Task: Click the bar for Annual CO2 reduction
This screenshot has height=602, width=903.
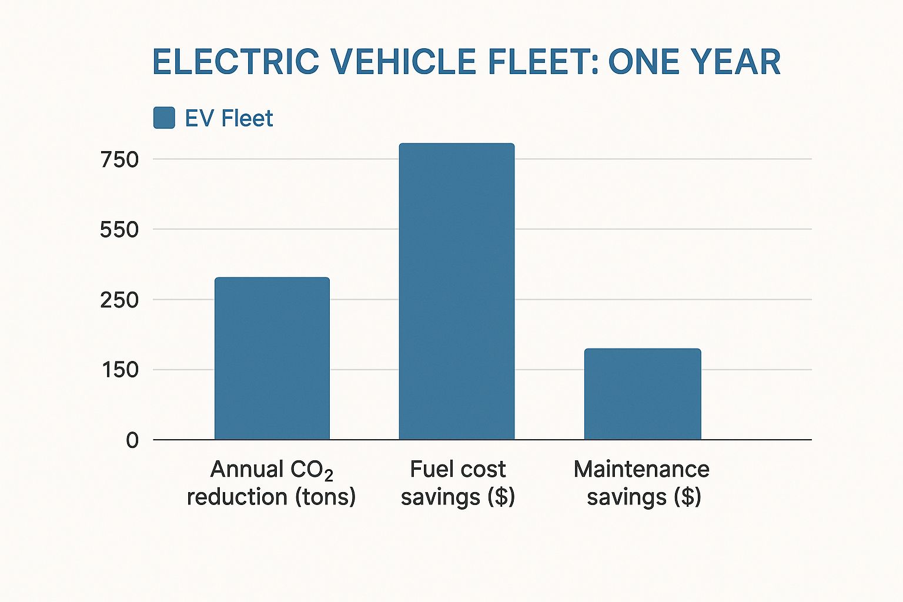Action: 272,359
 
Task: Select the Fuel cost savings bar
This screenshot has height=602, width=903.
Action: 457,292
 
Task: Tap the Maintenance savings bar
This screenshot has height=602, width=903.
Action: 643,394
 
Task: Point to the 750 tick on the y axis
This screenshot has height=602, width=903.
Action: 119,159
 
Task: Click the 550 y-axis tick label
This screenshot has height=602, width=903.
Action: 119,229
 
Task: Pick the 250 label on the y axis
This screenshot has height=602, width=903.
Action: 119,300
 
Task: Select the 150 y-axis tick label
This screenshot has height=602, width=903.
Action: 119,370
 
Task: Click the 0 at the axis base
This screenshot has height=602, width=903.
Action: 132,440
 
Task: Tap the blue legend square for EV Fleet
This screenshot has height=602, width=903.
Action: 164,118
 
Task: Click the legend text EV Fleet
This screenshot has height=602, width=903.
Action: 229,118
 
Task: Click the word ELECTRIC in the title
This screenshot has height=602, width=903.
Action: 236,62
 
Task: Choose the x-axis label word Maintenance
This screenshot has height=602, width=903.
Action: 641,469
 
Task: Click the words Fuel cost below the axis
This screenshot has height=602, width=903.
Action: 457,469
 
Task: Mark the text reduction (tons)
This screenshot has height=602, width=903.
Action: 271,497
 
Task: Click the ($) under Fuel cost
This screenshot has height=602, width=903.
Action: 501,497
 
